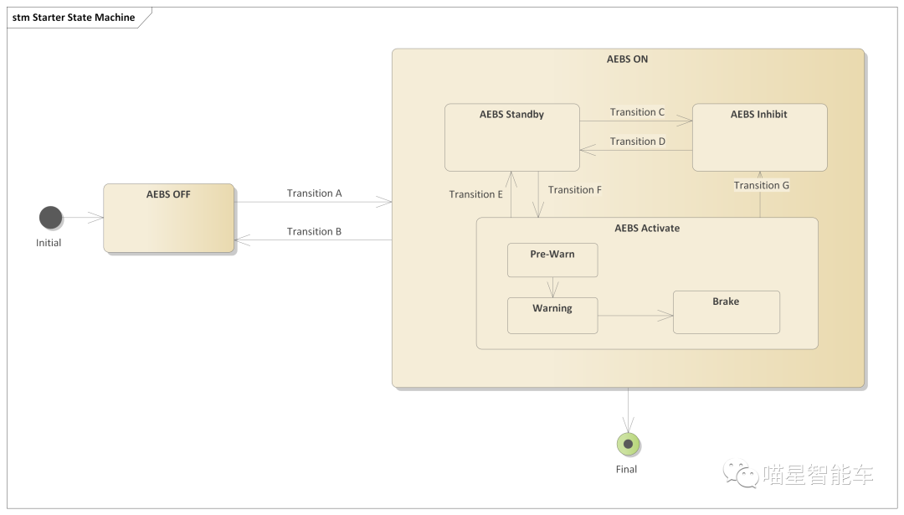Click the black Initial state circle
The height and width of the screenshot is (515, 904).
point(51,218)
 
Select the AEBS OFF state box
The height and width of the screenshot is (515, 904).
point(169,218)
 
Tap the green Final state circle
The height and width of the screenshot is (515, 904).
point(628,444)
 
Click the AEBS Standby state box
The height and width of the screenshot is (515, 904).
point(511,137)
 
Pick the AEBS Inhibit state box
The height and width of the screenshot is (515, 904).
point(759,137)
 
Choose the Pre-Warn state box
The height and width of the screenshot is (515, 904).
point(552,260)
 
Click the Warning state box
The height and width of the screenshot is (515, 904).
point(552,315)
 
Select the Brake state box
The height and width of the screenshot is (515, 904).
point(726,312)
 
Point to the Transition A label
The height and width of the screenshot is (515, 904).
point(314,193)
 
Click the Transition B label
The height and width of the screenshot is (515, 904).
point(314,232)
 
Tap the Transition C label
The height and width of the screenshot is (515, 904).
point(637,112)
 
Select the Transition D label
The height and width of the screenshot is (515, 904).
point(637,142)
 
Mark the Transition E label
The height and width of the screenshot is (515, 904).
point(475,194)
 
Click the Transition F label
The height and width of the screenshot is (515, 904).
point(574,190)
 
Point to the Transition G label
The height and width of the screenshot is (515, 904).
point(761,186)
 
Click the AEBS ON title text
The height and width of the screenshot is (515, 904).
point(627,59)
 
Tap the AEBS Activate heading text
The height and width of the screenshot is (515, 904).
point(647,228)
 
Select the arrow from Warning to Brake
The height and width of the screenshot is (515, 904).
point(635,316)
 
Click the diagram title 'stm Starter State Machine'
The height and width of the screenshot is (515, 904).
point(74,18)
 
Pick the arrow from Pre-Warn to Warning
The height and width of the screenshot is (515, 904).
point(552,286)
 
